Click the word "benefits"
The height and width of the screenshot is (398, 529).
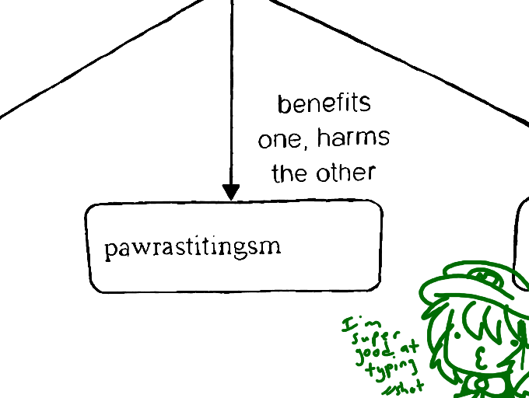tap(324, 103)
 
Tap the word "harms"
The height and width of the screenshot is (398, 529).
tap(353, 138)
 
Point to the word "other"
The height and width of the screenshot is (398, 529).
tap(345, 172)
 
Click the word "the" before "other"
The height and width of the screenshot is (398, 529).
tap(289, 173)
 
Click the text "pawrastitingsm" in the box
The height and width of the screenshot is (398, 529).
tap(192, 248)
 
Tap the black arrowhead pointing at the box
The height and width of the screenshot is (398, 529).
tap(231, 192)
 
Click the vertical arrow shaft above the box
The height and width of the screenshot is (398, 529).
tap(231, 93)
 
